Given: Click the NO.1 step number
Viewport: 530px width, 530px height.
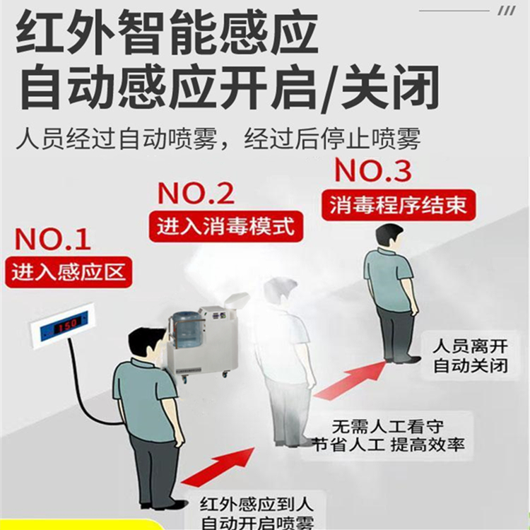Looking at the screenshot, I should [53, 240].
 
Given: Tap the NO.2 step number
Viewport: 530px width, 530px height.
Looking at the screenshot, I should [196, 193].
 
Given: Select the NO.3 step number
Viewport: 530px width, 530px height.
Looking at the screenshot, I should [371, 170].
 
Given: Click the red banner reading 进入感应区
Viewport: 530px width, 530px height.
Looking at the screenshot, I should [69, 271].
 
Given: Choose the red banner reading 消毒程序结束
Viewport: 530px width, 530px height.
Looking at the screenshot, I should [398, 204].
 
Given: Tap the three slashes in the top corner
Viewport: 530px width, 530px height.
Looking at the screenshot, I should [506, 11].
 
